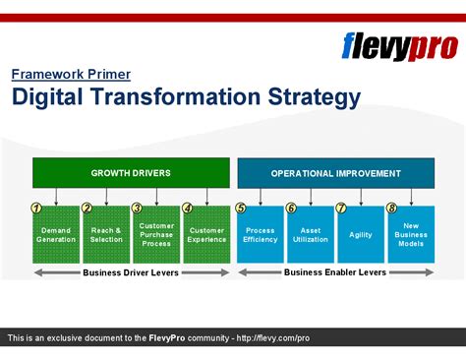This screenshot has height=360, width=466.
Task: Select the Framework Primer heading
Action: tap(71, 74)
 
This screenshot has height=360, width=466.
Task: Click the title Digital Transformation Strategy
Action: tap(186, 96)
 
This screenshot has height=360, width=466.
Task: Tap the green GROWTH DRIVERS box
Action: tap(131, 173)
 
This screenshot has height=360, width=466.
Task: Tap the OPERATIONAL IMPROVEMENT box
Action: tap(335, 173)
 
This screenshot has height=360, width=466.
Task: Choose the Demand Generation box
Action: tap(56, 234)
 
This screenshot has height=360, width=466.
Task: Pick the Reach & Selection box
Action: tap(106, 234)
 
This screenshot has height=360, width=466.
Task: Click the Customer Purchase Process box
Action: tap(156, 234)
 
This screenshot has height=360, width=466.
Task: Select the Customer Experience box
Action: tap(206, 234)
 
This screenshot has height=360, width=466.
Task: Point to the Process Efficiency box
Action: tap(260, 234)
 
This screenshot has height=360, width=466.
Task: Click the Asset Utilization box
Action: tap(311, 234)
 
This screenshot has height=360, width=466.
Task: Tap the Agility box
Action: tap(361, 234)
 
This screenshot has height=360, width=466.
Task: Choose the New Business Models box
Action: tap(411, 234)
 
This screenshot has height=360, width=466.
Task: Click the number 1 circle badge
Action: tap(36, 209)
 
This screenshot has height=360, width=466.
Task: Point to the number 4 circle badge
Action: tap(187, 209)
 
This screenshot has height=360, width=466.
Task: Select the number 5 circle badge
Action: tap(240, 209)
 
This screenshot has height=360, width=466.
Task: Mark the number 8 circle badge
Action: tap(390, 209)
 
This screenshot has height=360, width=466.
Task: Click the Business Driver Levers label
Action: tap(131, 272)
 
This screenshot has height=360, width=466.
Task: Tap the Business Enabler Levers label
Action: tap(335, 272)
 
